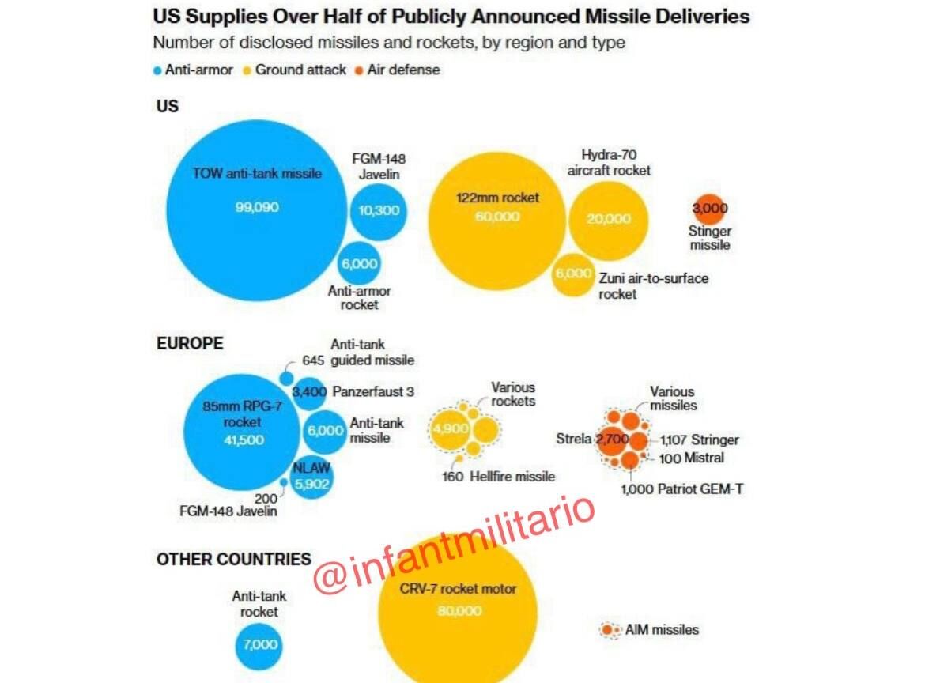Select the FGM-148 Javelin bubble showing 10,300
tap(379, 210)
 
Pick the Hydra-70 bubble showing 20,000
tap(608, 218)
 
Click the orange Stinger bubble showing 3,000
tap(709, 209)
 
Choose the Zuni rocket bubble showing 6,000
tap(573, 274)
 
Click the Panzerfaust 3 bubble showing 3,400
tap(309, 391)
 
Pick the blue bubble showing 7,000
tap(260, 645)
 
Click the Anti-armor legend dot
tap(158, 70)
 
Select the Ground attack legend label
tap(300, 70)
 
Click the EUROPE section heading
tap(190, 343)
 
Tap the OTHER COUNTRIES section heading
tap(233, 559)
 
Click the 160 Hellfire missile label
tap(498, 477)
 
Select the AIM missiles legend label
tap(662, 630)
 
